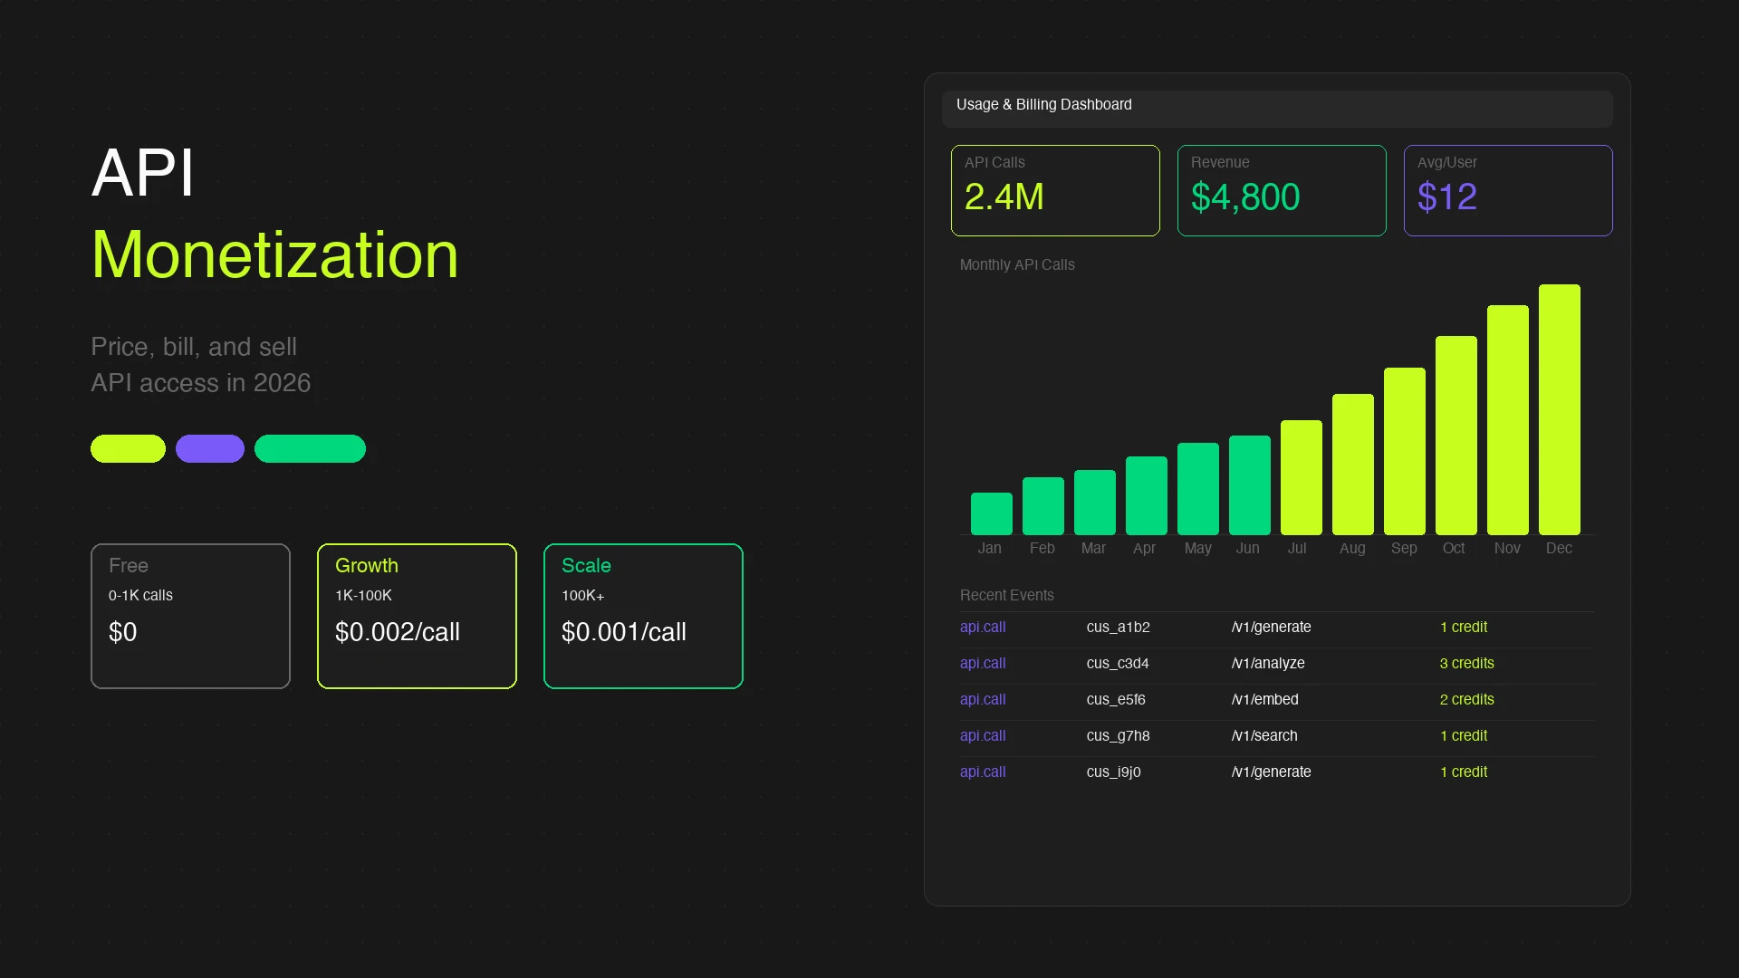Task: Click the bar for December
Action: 1559,409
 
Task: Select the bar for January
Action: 991,513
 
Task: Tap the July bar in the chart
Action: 1301,477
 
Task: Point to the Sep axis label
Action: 1404,548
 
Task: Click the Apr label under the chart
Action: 1144,548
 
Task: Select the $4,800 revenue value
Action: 1244,197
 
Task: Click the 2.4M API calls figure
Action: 1004,197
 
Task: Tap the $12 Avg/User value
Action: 1446,197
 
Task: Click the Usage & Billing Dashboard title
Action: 1043,105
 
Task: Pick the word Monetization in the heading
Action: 274,254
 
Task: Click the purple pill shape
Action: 209,448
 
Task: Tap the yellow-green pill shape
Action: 128,448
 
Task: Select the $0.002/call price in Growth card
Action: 397,632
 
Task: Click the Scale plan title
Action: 586,565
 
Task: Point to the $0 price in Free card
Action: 123,632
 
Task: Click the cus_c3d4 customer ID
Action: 1117,663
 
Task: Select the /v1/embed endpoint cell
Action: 1264,699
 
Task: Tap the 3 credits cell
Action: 1466,663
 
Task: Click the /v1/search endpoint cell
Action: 1264,735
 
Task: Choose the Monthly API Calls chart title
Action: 1016,264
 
